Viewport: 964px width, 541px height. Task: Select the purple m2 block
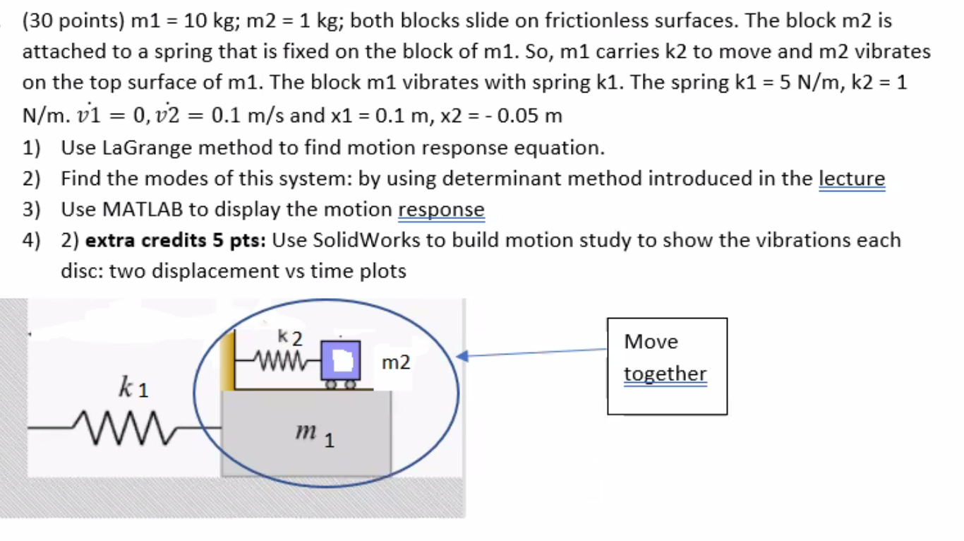click(341, 360)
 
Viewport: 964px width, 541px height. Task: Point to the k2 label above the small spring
click(290, 338)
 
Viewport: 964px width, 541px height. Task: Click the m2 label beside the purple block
click(395, 363)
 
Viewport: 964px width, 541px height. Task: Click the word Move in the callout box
click(651, 342)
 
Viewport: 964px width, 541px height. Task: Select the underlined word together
click(665, 374)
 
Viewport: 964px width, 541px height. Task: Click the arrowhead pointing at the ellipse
click(464, 357)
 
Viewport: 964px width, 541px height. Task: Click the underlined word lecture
click(851, 179)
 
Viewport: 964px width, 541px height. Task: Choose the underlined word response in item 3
click(441, 210)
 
